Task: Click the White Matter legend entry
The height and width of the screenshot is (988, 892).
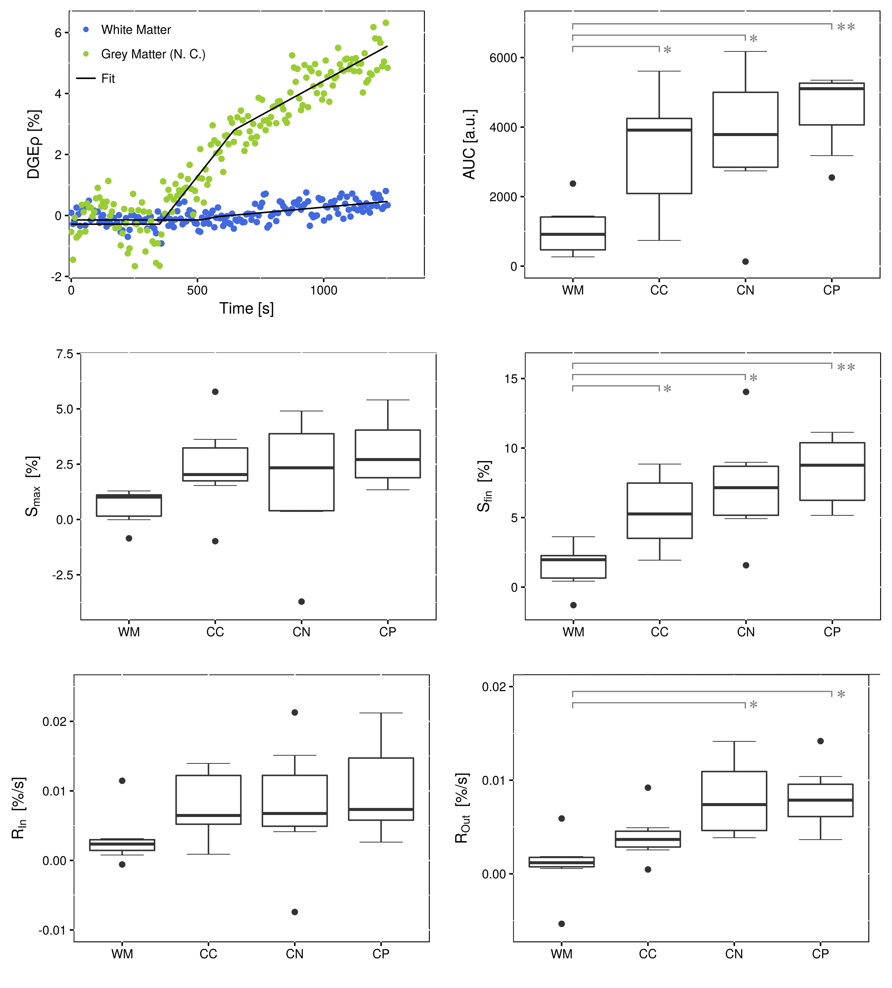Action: click(x=136, y=30)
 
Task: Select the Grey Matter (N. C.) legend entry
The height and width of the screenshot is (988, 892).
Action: click(x=153, y=54)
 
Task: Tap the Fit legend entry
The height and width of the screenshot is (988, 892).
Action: click(x=108, y=78)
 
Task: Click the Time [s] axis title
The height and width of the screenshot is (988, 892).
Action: click(x=246, y=308)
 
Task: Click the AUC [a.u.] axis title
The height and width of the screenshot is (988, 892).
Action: click(x=469, y=144)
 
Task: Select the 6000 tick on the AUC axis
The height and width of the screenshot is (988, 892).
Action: click(x=503, y=58)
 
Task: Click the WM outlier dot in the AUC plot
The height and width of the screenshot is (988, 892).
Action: click(x=573, y=184)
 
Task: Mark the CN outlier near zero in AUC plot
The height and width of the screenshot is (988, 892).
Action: click(x=745, y=262)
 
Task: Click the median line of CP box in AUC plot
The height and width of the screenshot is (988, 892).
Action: click(x=831, y=89)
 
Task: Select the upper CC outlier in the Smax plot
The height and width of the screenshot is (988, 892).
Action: click(x=215, y=392)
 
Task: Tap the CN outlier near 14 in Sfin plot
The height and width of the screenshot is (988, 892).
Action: click(x=746, y=392)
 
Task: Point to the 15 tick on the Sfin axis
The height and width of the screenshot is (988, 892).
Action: click(x=511, y=378)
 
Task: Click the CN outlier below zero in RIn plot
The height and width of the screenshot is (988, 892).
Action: click(x=294, y=912)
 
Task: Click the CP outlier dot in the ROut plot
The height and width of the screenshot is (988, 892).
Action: click(x=820, y=741)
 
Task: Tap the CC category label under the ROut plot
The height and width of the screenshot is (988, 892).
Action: click(x=648, y=954)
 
